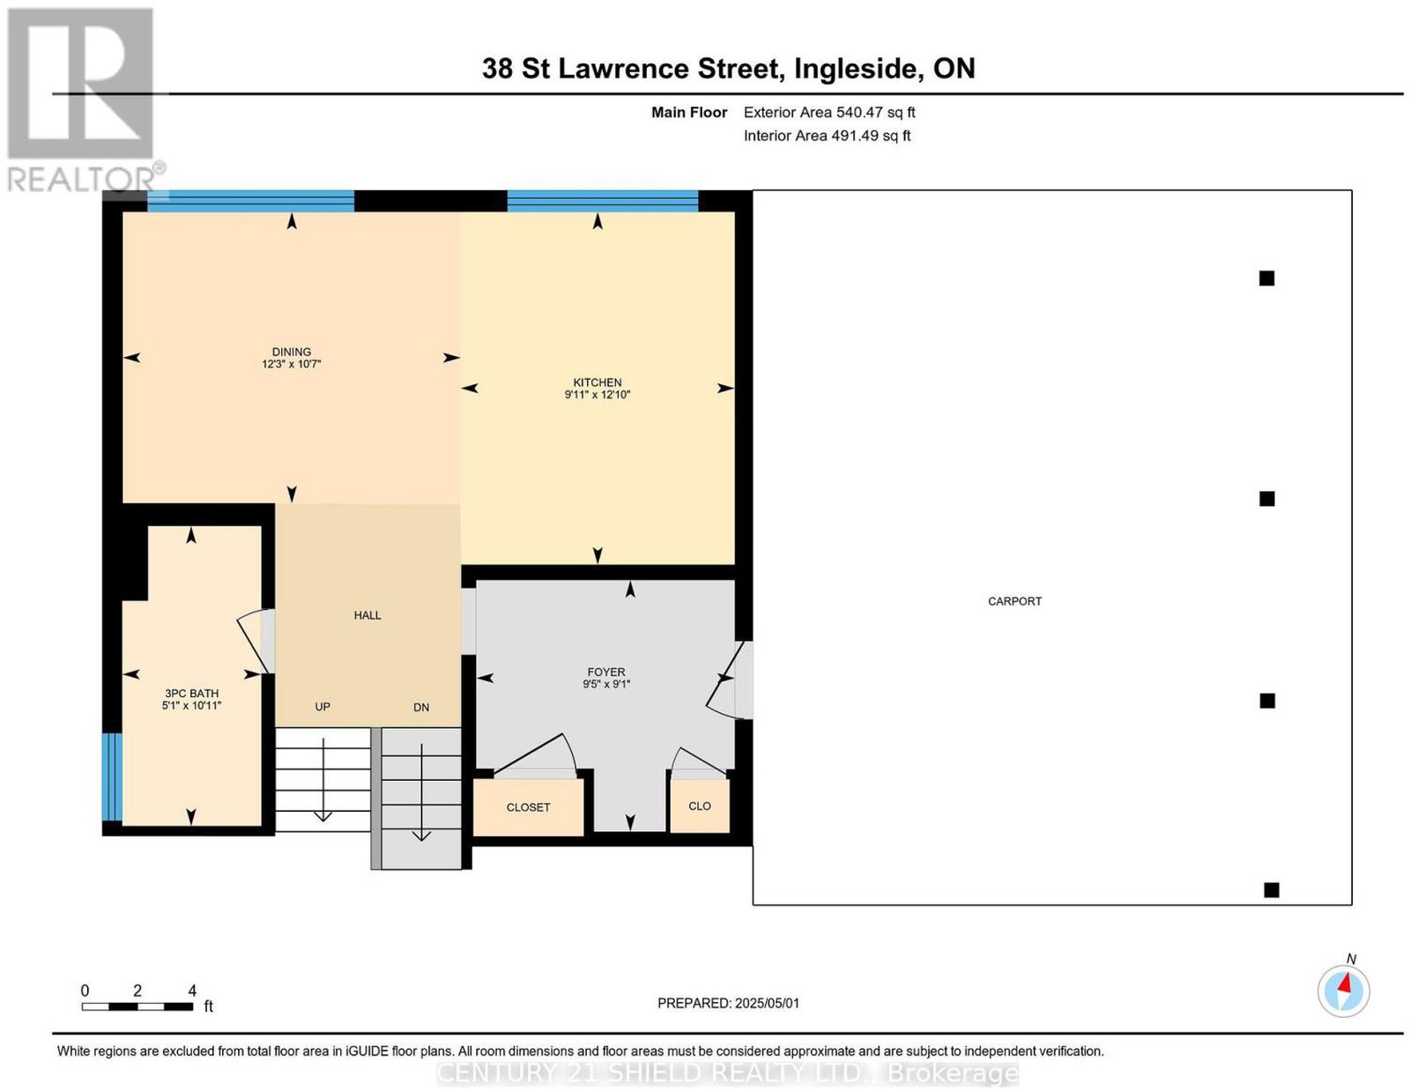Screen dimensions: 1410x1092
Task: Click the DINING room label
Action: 292,352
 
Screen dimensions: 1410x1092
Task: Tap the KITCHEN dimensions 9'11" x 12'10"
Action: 597,395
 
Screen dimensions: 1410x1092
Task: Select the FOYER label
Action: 606,672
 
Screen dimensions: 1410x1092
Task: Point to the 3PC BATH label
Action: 191,693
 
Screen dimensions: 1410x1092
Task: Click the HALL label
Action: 367,615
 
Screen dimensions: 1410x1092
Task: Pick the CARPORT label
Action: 1014,601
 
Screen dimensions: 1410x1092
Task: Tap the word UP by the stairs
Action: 323,707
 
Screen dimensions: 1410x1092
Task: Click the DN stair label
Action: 421,707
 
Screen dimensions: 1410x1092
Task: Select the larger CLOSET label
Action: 528,807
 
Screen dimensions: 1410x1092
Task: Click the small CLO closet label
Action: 700,806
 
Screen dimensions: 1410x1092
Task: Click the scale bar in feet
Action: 137,1007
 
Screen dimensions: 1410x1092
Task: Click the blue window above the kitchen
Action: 602,201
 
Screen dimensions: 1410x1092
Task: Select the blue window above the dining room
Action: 250,201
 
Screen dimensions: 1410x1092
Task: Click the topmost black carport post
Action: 1266,279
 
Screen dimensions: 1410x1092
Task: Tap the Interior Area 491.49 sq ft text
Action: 827,136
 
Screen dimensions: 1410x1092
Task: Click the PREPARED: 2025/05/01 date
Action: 728,1003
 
